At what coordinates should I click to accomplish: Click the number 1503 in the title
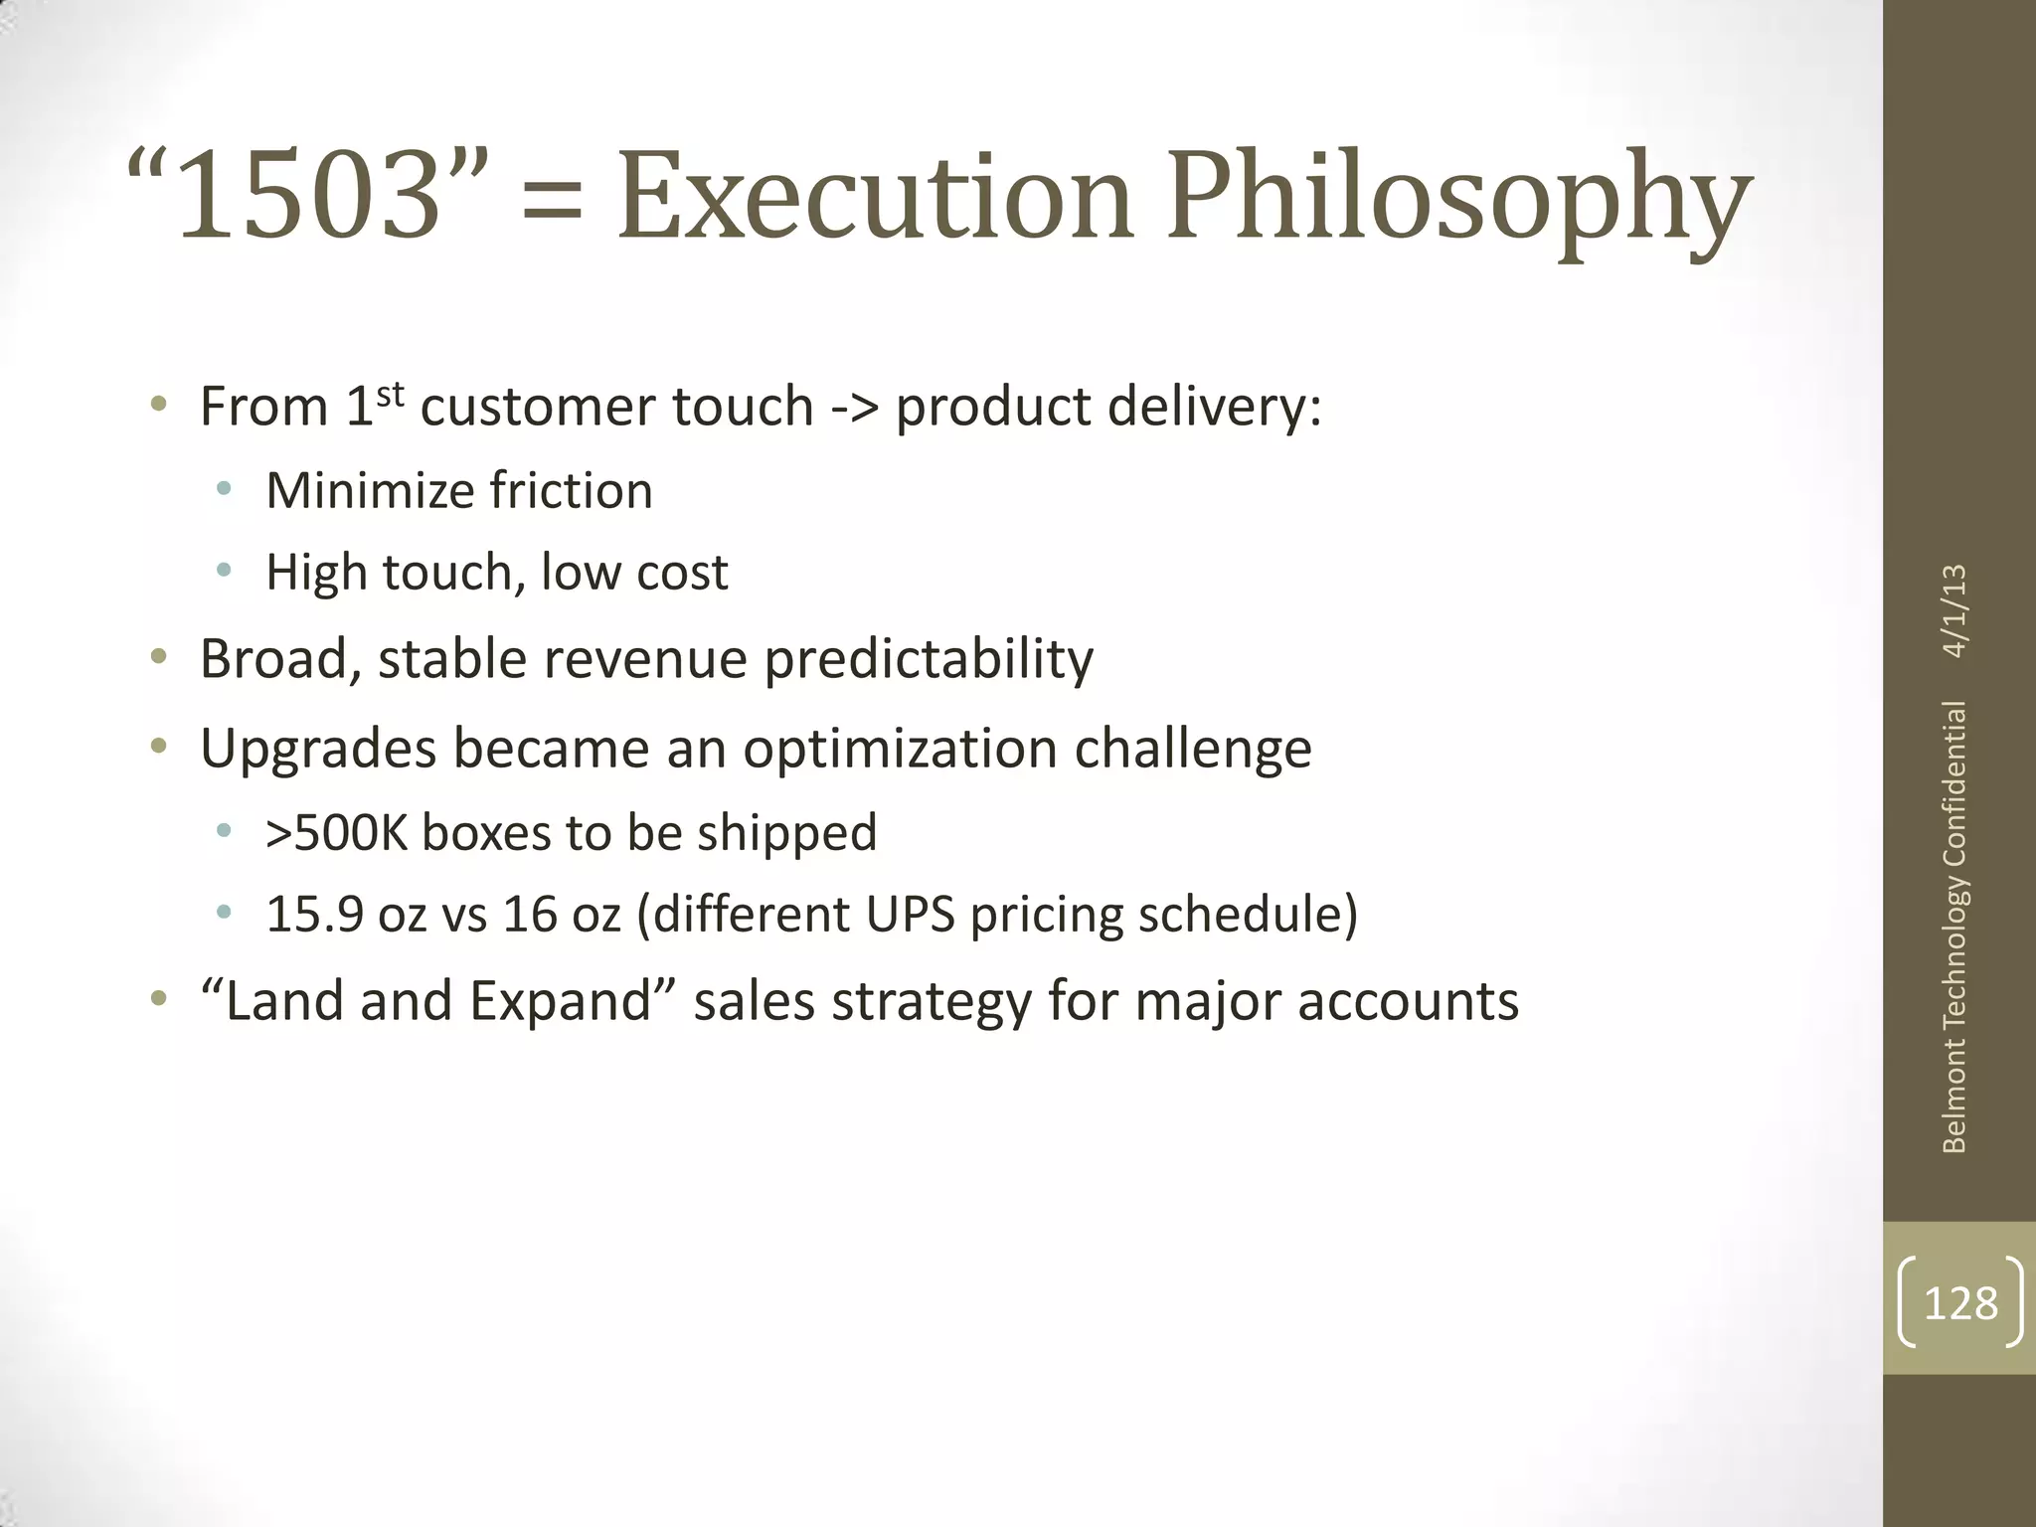click(x=308, y=195)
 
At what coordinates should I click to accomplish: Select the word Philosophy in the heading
click(x=1457, y=199)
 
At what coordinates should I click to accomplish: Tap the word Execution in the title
click(x=875, y=195)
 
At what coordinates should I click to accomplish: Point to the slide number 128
click(x=1959, y=1302)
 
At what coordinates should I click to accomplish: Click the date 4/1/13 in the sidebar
click(x=1953, y=610)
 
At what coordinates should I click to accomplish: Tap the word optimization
click(x=900, y=748)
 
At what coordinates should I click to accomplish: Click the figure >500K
click(x=337, y=833)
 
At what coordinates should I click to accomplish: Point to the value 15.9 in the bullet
click(x=314, y=915)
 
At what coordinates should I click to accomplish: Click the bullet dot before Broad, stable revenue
click(x=157, y=656)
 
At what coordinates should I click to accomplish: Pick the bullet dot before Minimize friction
click(x=224, y=489)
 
